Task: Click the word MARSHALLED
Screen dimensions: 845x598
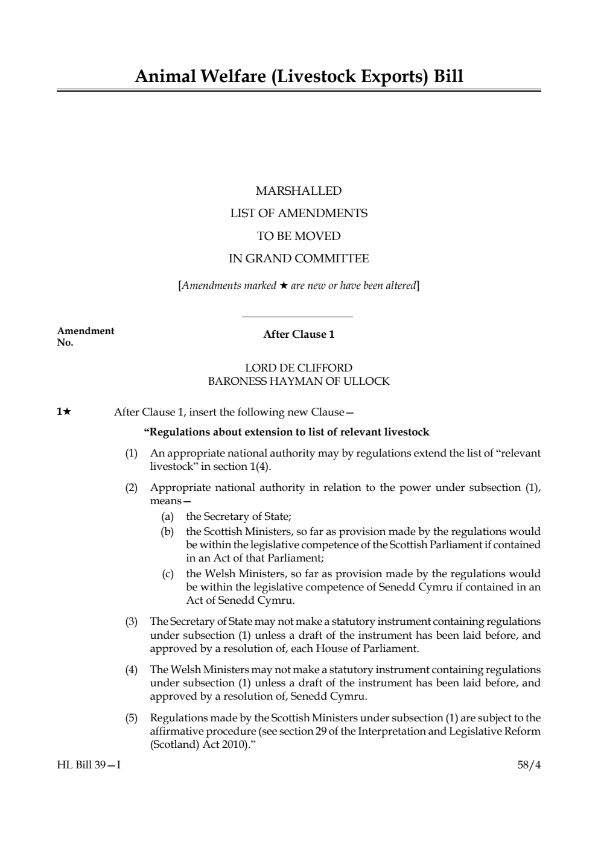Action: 299,191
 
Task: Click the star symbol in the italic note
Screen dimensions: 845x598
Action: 283,285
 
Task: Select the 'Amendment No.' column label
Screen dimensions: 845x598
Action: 85,337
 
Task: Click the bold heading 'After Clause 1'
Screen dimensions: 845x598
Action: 299,334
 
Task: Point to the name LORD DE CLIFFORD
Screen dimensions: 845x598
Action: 299,368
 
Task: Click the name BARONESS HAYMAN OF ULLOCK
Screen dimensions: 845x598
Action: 299,381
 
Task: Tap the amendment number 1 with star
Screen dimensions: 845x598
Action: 64,412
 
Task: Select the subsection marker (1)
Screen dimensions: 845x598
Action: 132,453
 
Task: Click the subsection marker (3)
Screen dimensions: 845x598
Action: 132,621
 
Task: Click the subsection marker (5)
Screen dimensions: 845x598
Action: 132,718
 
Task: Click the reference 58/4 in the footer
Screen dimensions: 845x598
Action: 529,765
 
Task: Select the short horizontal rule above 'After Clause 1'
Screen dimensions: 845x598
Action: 297,317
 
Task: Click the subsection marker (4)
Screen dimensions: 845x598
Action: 132,669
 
